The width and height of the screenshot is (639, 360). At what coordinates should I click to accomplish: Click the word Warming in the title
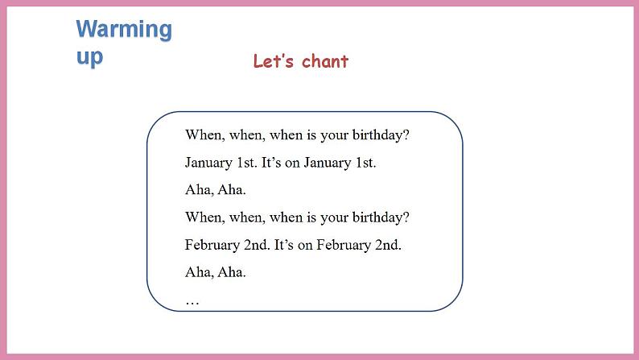[124, 30]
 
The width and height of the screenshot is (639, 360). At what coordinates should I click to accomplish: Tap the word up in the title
[89, 56]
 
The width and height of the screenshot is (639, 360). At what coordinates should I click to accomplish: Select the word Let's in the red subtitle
[271, 62]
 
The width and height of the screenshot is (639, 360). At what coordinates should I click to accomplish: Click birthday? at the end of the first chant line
[380, 134]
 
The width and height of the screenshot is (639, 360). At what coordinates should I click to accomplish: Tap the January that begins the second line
[208, 162]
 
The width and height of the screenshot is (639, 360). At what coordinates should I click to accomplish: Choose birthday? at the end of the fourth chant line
[380, 217]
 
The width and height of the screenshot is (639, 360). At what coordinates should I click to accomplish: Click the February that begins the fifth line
[212, 244]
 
